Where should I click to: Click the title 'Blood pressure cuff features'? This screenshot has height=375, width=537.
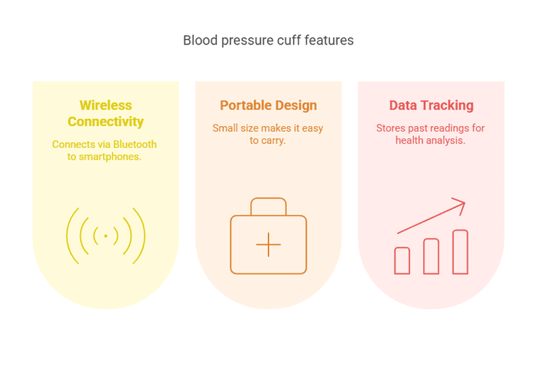[x=268, y=40]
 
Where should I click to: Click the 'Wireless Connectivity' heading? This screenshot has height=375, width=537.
[x=106, y=113]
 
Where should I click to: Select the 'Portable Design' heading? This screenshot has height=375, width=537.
[x=268, y=105]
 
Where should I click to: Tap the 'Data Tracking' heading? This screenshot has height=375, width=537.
[x=431, y=105]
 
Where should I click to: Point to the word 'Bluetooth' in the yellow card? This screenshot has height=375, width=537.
[x=132, y=144]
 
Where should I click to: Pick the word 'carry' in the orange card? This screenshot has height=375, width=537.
[x=273, y=140]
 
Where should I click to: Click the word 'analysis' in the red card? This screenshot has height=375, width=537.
[x=446, y=140]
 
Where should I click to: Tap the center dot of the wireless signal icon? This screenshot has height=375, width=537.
[x=106, y=235]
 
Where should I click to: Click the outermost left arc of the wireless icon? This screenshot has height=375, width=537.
[x=69, y=235]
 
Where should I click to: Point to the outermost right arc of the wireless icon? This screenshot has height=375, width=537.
[x=142, y=235]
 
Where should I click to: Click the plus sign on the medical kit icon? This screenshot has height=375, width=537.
[x=268, y=245]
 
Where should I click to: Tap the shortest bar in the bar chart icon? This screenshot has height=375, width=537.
[x=402, y=260]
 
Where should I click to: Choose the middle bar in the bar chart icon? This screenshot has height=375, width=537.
[x=431, y=256]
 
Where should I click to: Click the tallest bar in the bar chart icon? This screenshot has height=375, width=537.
[x=460, y=252]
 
